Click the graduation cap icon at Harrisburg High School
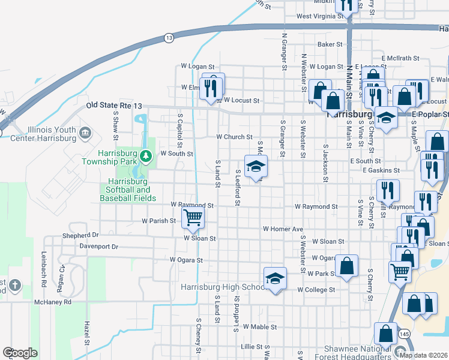click(275, 278)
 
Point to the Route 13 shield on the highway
click(169, 38)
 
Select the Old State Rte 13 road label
click(114, 106)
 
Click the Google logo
click(20, 353)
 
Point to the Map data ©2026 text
click(424, 355)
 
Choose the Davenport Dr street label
click(99, 247)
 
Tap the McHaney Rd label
click(53, 302)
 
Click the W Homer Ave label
click(283, 229)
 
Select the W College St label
click(316, 290)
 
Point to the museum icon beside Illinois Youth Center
click(84, 132)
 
